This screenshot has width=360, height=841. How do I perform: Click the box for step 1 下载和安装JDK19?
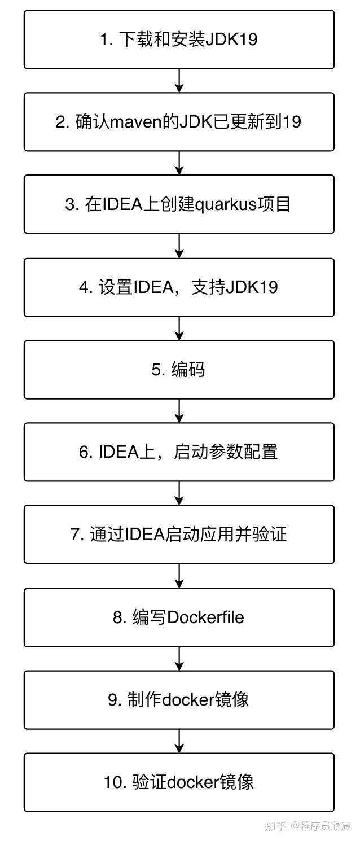(x=179, y=40)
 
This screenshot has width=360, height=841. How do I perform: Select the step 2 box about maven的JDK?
(x=179, y=122)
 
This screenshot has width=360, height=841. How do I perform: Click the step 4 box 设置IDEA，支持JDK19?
(x=179, y=287)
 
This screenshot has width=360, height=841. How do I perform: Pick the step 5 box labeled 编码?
(x=179, y=370)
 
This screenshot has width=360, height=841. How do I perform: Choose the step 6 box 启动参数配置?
(x=179, y=452)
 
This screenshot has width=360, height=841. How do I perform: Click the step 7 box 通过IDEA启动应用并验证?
(x=179, y=535)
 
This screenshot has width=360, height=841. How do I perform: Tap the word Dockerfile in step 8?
(x=205, y=617)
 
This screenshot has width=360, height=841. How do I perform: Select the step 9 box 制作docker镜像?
(x=179, y=699)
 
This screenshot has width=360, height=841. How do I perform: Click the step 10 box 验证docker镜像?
(x=179, y=782)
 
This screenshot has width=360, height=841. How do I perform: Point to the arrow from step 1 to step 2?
(x=179, y=81)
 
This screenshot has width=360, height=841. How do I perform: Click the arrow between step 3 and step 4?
(x=179, y=246)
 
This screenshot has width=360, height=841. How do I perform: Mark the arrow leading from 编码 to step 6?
(x=179, y=411)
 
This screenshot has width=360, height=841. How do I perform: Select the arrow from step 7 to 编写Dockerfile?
(x=179, y=576)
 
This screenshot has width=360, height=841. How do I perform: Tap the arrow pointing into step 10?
(x=179, y=741)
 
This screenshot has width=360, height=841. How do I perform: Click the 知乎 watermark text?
(x=275, y=826)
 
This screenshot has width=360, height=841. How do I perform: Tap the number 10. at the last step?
(x=116, y=782)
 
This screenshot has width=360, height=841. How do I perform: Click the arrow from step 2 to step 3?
(x=179, y=163)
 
